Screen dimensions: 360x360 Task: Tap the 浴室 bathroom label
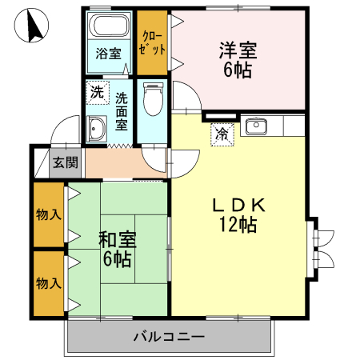pos(109,54)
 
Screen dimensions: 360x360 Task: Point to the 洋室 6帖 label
pos(238,60)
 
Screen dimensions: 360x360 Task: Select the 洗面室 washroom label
pos(122,113)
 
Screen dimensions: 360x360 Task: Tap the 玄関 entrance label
pos(65,162)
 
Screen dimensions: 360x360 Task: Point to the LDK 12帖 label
pos(238,214)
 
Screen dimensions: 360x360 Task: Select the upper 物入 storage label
pos(48,214)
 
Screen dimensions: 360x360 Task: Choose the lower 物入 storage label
pos(48,282)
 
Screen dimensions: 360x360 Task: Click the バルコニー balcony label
pos(169,337)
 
